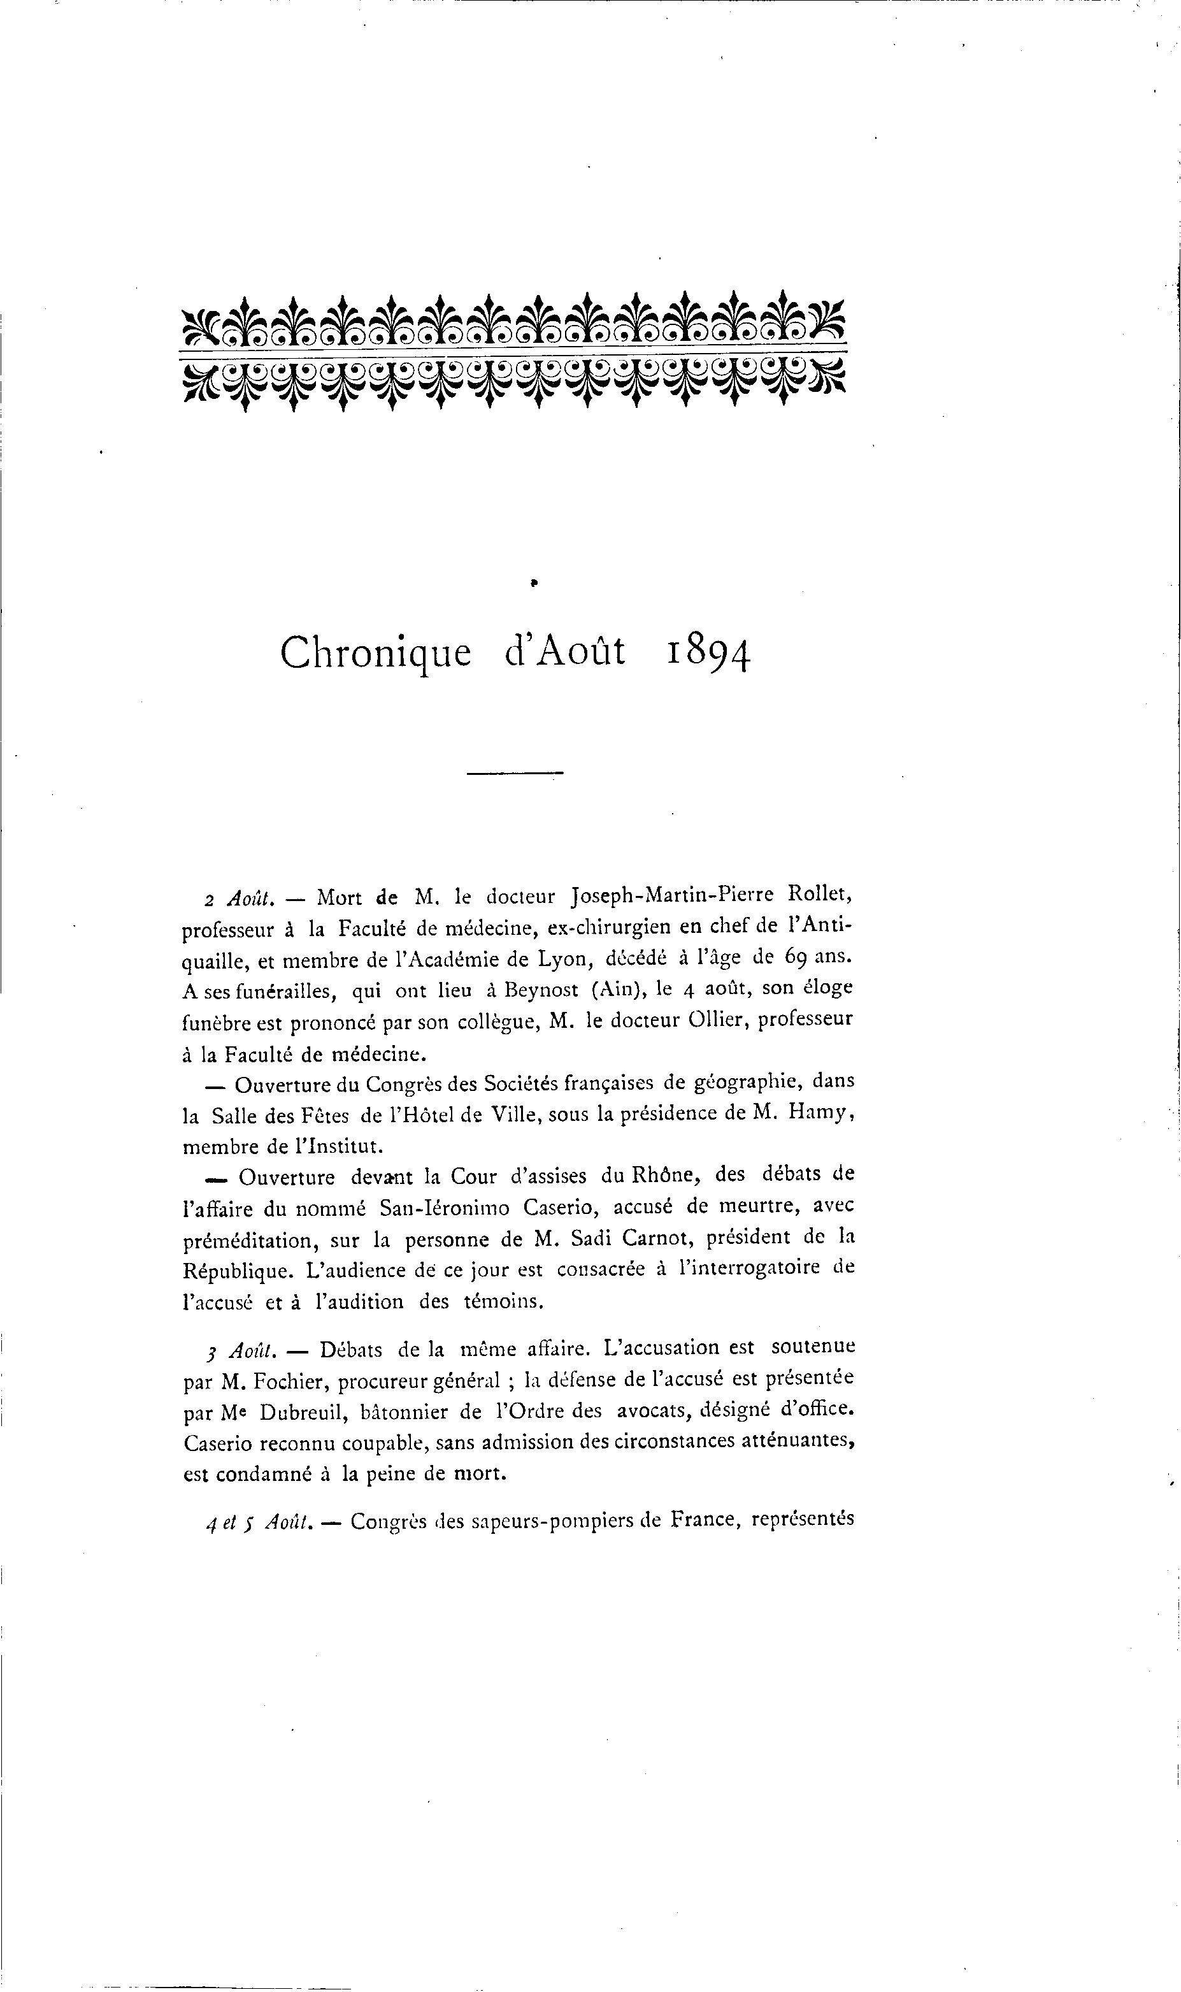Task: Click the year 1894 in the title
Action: [x=708, y=654]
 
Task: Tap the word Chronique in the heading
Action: [x=376, y=654]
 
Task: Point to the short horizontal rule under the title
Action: [x=515, y=773]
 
